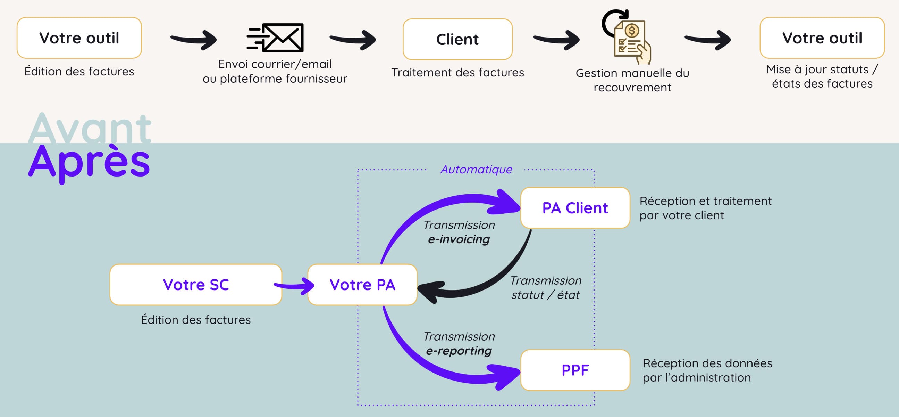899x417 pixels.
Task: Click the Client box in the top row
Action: coord(457,39)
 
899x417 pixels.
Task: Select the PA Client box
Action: coord(575,208)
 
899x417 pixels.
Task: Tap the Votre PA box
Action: coord(362,285)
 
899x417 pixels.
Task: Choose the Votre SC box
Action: coord(195,285)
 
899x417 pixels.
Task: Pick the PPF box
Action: coord(575,370)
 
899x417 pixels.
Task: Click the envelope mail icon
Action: coord(276,38)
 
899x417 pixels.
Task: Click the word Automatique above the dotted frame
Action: coord(476,169)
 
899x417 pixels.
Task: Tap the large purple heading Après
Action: coord(89,162)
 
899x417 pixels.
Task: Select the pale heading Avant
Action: coord(89,128)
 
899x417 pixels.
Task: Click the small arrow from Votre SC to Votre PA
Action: coord(295,286)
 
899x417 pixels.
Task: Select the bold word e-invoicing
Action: coord(459,239)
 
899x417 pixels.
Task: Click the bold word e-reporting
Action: coord(459,351)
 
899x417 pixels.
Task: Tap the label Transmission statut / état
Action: coord(545,288)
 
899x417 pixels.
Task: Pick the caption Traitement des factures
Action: coord(457,72)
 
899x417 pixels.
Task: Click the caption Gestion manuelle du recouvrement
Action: coord(632,80)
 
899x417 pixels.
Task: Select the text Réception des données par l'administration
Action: coord(707,370)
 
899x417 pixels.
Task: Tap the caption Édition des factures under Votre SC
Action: coord(195,320)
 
